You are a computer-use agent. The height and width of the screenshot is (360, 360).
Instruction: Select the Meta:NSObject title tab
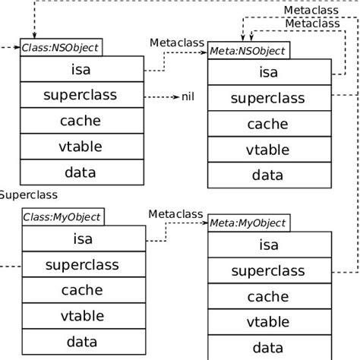(248, 51)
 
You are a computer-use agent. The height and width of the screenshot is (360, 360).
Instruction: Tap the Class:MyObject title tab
(62, 217)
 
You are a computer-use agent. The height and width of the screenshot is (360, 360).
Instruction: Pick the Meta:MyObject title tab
(248, 223)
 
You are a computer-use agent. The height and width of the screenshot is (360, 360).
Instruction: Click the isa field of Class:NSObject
(81, 71)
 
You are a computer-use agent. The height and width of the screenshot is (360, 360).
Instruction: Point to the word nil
(188, 96)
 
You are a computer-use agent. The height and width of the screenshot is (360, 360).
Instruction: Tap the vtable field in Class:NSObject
(81, 147)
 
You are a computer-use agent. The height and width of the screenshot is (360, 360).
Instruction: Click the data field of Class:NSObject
(81, 172)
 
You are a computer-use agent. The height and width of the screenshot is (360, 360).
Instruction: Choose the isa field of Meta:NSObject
(268, 73)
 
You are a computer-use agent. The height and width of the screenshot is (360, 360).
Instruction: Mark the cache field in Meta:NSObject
(268, 124)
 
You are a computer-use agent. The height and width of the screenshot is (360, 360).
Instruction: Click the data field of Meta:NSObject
(268, 175)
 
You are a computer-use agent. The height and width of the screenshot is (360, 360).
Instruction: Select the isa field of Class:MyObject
(81, 239)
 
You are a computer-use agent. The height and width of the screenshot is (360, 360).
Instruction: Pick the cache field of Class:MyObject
(81, 289)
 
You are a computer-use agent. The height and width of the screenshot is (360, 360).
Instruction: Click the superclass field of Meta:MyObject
(268, 270)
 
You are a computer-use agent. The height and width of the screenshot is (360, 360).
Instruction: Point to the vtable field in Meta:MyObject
(268, 322)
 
